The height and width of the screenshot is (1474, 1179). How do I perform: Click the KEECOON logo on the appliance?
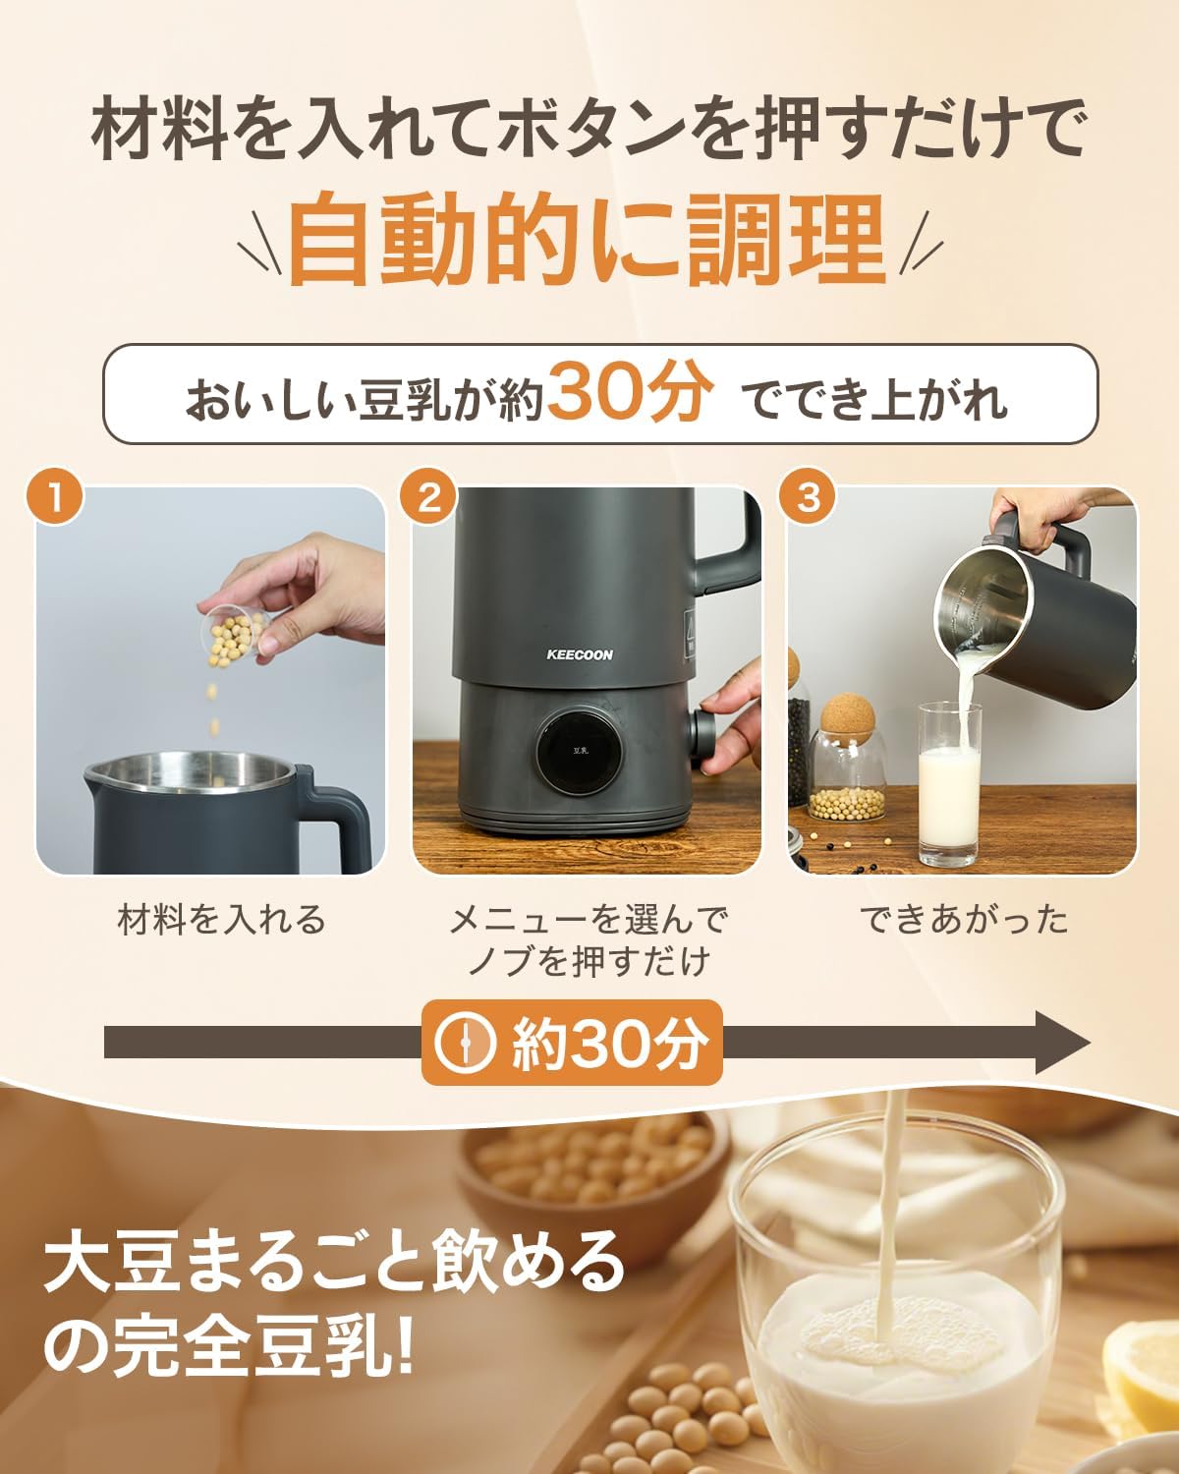580,654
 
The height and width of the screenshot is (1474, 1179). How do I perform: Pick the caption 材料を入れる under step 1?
221,920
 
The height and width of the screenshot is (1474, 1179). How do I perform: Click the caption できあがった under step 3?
963,920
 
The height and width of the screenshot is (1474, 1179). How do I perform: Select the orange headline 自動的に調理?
588,239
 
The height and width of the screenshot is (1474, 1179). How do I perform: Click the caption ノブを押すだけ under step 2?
588,961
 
